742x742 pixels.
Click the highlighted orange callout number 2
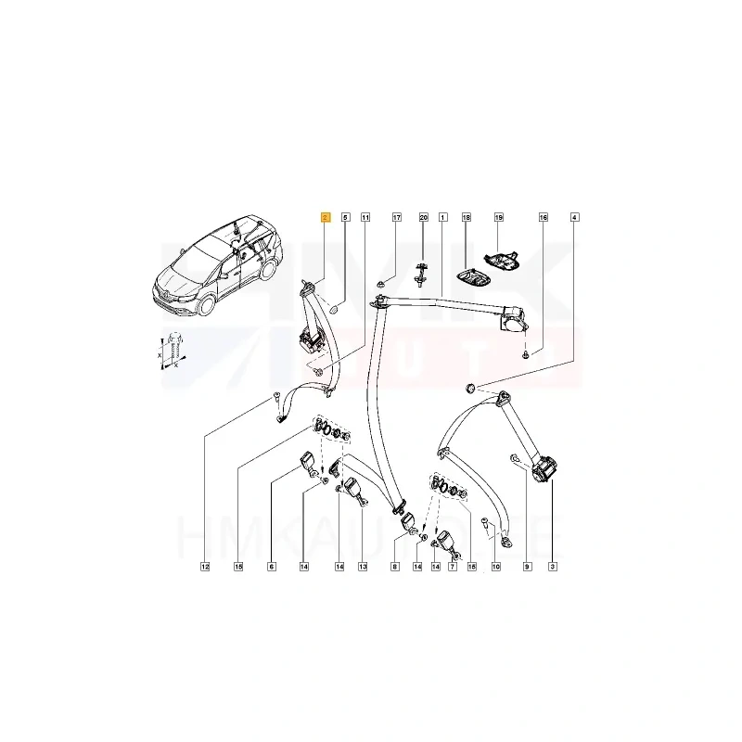324,218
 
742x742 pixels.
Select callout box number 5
346,218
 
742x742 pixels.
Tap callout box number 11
365,218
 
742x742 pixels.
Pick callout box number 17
396,218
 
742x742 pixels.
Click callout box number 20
423,218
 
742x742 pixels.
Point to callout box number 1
442,218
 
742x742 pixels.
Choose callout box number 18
467,218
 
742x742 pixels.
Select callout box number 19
498,218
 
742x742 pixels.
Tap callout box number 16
544,218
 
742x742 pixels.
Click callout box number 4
574,218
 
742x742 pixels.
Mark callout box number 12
205,566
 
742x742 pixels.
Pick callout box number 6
272,566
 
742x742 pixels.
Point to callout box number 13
363,566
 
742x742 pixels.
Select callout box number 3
553,566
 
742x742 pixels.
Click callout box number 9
527,566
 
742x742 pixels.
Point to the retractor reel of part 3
544,467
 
